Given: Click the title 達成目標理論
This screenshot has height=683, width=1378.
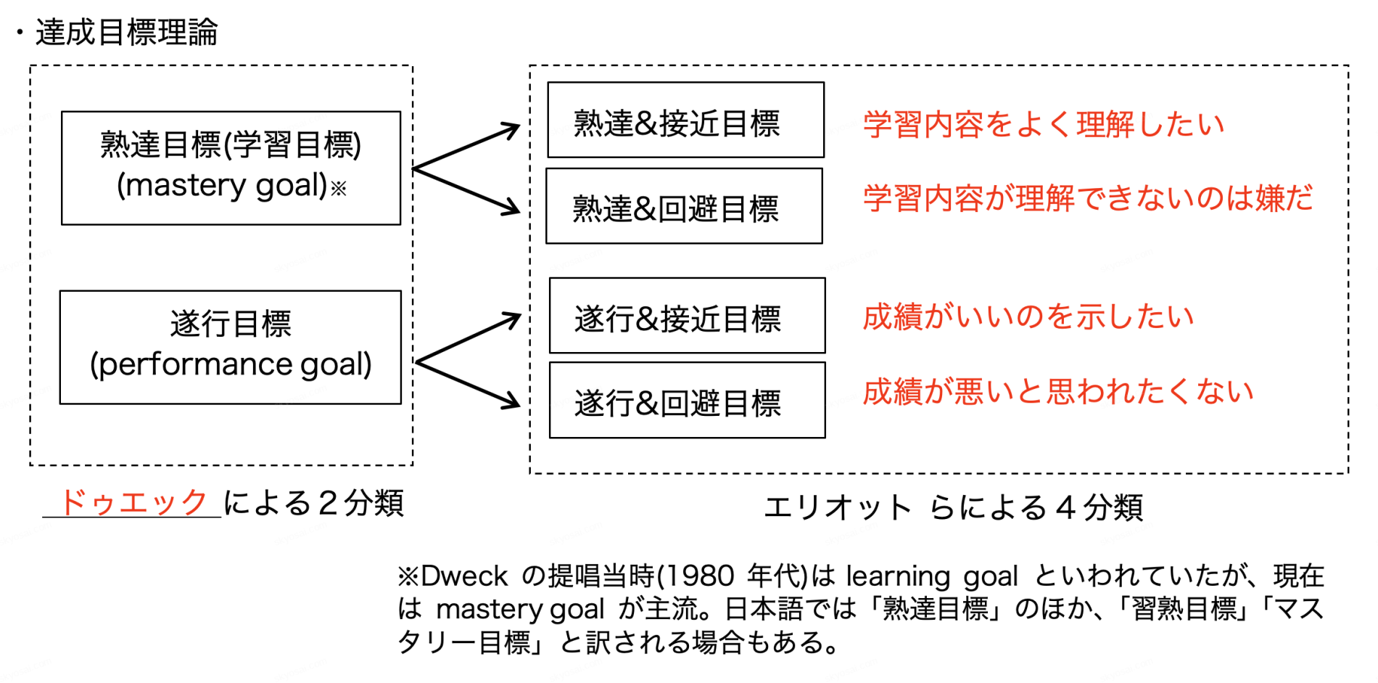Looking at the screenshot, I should [x=126, y=33].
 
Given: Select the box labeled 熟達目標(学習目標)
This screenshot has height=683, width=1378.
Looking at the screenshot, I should [x=231, y=167].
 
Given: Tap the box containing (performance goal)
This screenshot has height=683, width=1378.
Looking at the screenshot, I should [x=231, y=347].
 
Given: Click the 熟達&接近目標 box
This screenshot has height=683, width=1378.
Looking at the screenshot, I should [x=685, y=120].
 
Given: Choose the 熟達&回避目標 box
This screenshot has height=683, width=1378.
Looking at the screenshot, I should [x=684, y=206].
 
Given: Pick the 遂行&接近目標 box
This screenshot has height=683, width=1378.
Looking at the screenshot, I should [x=687, y=316].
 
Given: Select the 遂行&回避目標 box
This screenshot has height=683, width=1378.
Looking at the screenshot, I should [x=687, y=401].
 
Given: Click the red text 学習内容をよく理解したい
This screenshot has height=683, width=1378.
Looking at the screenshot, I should [x=1043, y=125].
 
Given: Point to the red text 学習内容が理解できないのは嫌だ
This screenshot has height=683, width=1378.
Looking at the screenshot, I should [x=1088, y=198].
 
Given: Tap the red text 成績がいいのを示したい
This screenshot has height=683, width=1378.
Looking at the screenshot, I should [x=1028, y=317].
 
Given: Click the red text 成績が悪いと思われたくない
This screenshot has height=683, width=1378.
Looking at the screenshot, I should [x=1057, y=392].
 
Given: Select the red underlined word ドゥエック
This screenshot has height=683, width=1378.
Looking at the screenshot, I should [x=133, y=502].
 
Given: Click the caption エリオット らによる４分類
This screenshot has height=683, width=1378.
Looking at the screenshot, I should [x=953, y=507].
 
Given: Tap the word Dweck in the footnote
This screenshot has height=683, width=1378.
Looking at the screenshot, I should [x=463, y=576].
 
